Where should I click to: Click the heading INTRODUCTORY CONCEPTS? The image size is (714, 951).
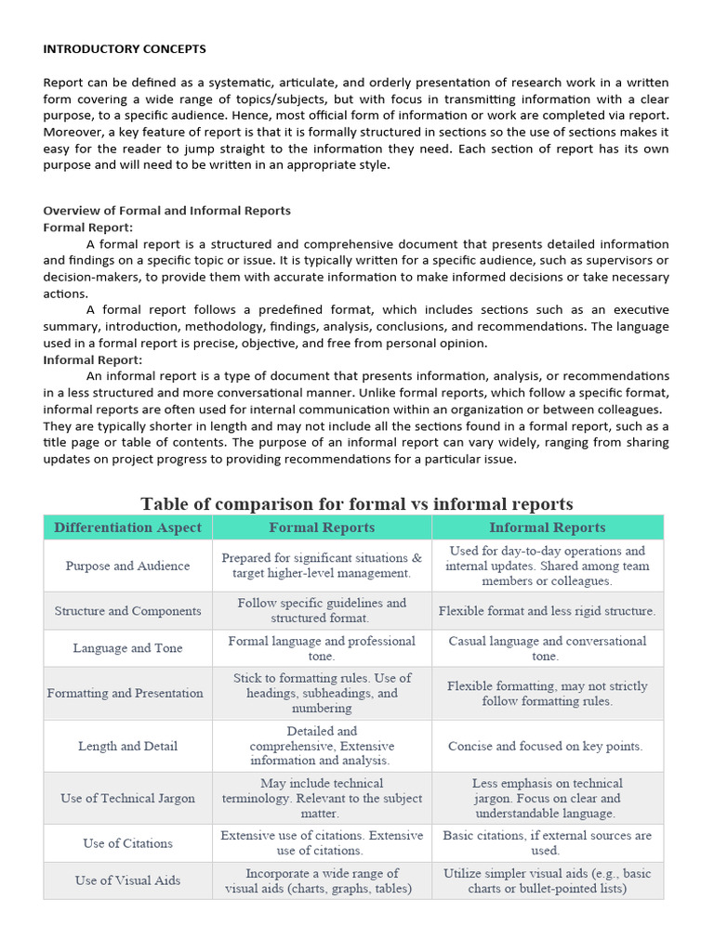pos(125,48)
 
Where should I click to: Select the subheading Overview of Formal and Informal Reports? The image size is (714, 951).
pos(166,211)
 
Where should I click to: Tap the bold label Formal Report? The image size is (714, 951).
pos(88,228)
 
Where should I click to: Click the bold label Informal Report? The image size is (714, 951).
pos(93,359)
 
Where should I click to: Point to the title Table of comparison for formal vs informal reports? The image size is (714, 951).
pos(356,504)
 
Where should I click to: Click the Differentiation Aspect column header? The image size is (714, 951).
pos(127,528)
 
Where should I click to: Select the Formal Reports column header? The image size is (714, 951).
pos(322,528)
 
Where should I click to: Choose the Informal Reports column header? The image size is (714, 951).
pos(547,528)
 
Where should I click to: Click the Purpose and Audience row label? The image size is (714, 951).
pos(127,566)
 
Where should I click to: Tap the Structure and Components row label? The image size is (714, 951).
pos(127,611)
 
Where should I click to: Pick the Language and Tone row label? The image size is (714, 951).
pos(127,648)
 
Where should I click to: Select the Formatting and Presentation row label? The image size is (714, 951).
pos(125,693)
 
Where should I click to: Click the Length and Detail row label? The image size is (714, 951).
pos(127,746)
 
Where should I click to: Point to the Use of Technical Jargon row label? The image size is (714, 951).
pos(127,798)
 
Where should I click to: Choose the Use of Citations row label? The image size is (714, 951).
pos(127,843)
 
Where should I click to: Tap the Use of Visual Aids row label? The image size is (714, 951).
pos(127,880)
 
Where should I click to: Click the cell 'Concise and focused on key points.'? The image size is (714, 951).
pos(546,746)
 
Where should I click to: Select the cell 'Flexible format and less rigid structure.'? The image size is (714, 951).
pos(547,611)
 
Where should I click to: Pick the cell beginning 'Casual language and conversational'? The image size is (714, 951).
pos(547,648)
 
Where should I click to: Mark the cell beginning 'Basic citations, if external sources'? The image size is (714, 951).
pos(547,842)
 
